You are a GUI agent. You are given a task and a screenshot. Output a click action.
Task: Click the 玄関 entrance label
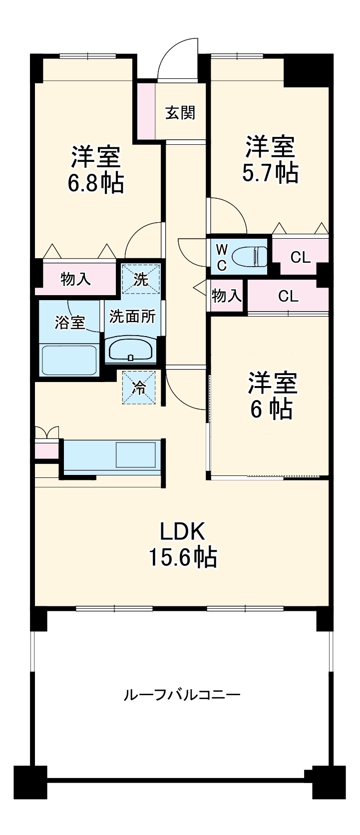(180, 113)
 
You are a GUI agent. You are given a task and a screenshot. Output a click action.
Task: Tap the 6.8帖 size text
(96, 183)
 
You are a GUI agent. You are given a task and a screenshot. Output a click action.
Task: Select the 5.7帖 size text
(270, 173)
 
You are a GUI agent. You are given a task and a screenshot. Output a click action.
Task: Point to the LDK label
(182, 532)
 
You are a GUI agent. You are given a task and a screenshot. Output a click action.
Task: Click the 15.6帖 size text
(182, 556)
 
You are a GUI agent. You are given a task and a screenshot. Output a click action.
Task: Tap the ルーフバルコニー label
(182, 695)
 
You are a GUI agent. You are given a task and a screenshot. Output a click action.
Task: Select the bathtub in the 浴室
(70, 360)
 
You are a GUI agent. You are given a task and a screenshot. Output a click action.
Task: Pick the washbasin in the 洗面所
(130, 349)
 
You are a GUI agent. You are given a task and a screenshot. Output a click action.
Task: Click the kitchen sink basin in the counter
(136, 454)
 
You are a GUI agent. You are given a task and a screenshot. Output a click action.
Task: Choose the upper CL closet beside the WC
(300, 257)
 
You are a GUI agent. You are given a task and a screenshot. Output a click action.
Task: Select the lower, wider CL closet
(288, 297)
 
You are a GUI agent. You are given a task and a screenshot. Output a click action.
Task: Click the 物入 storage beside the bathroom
(76, 279)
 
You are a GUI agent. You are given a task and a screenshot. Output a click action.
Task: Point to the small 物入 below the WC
(227, 296)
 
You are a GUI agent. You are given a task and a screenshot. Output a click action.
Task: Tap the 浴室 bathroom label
(69, 323)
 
